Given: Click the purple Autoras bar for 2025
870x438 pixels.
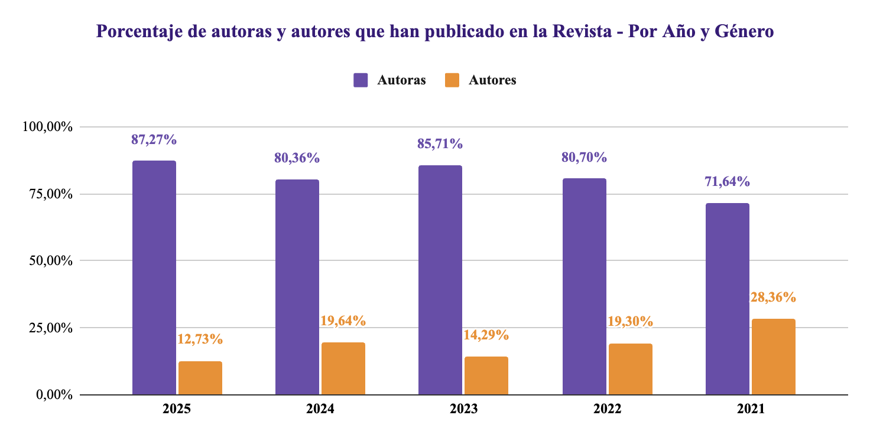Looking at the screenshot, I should tap(154, 277).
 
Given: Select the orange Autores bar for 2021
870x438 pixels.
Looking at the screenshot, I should tap(774, 357).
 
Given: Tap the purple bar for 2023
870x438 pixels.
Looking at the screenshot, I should tap(440, 280).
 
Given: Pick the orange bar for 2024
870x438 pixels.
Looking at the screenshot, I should tap(343, 368).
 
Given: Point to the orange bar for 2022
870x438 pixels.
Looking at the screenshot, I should tap(631, 369).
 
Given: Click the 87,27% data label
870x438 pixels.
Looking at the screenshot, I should tap(154, 140).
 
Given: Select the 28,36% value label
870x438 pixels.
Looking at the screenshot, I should tap(774, 298).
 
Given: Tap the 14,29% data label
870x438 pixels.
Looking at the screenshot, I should tap(486, 335).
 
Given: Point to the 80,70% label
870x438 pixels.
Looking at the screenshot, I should tap(585, 158).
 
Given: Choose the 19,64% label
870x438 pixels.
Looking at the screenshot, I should tap(343, 321).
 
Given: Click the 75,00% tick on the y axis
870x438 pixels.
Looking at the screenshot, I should tap(48, 194).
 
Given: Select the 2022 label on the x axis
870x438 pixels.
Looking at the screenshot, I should tap(608, 408).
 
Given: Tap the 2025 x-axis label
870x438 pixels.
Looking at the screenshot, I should tap(177, 408).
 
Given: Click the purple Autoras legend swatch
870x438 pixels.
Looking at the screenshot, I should tap(361, 80).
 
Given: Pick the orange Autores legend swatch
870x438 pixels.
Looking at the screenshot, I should tap(452, 80).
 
